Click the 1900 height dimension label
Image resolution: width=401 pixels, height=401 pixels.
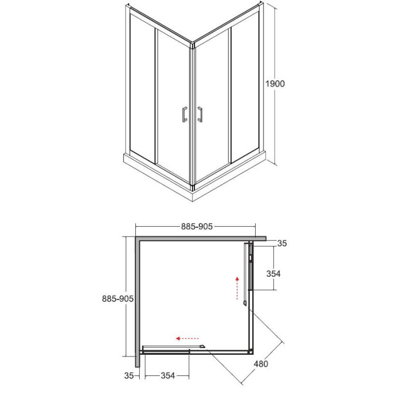pyautogui.click(x=275, y=84)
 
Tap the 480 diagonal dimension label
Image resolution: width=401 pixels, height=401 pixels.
pyautogui.click(x=261, y=363)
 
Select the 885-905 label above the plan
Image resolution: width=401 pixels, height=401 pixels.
pyautogui.click(x=197, y=226)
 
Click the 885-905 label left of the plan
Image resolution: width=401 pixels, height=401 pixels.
pyautogui.click(x=118, y=299)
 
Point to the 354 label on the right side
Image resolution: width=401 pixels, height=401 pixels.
pyautogui.click(x=273, y=273)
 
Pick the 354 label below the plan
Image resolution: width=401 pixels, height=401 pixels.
pyautogui.click(x=168, y=375)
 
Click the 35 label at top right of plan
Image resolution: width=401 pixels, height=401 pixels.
pyautogui.click(x=282, y=243)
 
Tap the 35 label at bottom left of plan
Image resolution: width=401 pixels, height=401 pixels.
pyautogui.click(x=129, y=375)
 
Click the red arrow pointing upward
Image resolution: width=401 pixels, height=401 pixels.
pyautogui.click(x=237, y=288)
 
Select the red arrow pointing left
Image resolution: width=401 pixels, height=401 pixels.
pyautogui.click(x=187, y=339)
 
